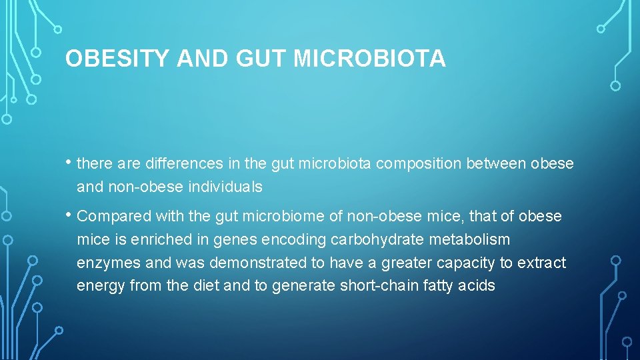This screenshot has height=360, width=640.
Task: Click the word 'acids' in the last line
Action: pos(478,286)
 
